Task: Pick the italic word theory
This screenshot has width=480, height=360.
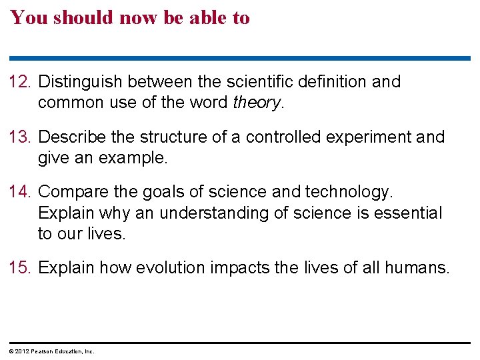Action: [x=257, y=103]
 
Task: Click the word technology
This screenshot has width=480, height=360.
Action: [x=349, y=193]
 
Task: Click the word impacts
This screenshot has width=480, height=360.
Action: [x=233, y=268]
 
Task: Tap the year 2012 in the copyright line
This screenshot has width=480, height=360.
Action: [x=21, y=351]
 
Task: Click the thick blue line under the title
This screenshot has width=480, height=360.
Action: [x=240, y=58]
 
